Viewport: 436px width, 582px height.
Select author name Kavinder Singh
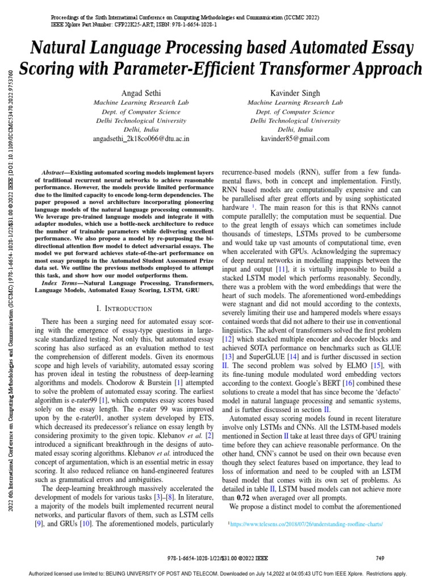295,93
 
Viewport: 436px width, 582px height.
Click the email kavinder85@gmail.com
295,139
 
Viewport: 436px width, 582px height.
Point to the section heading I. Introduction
125,308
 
